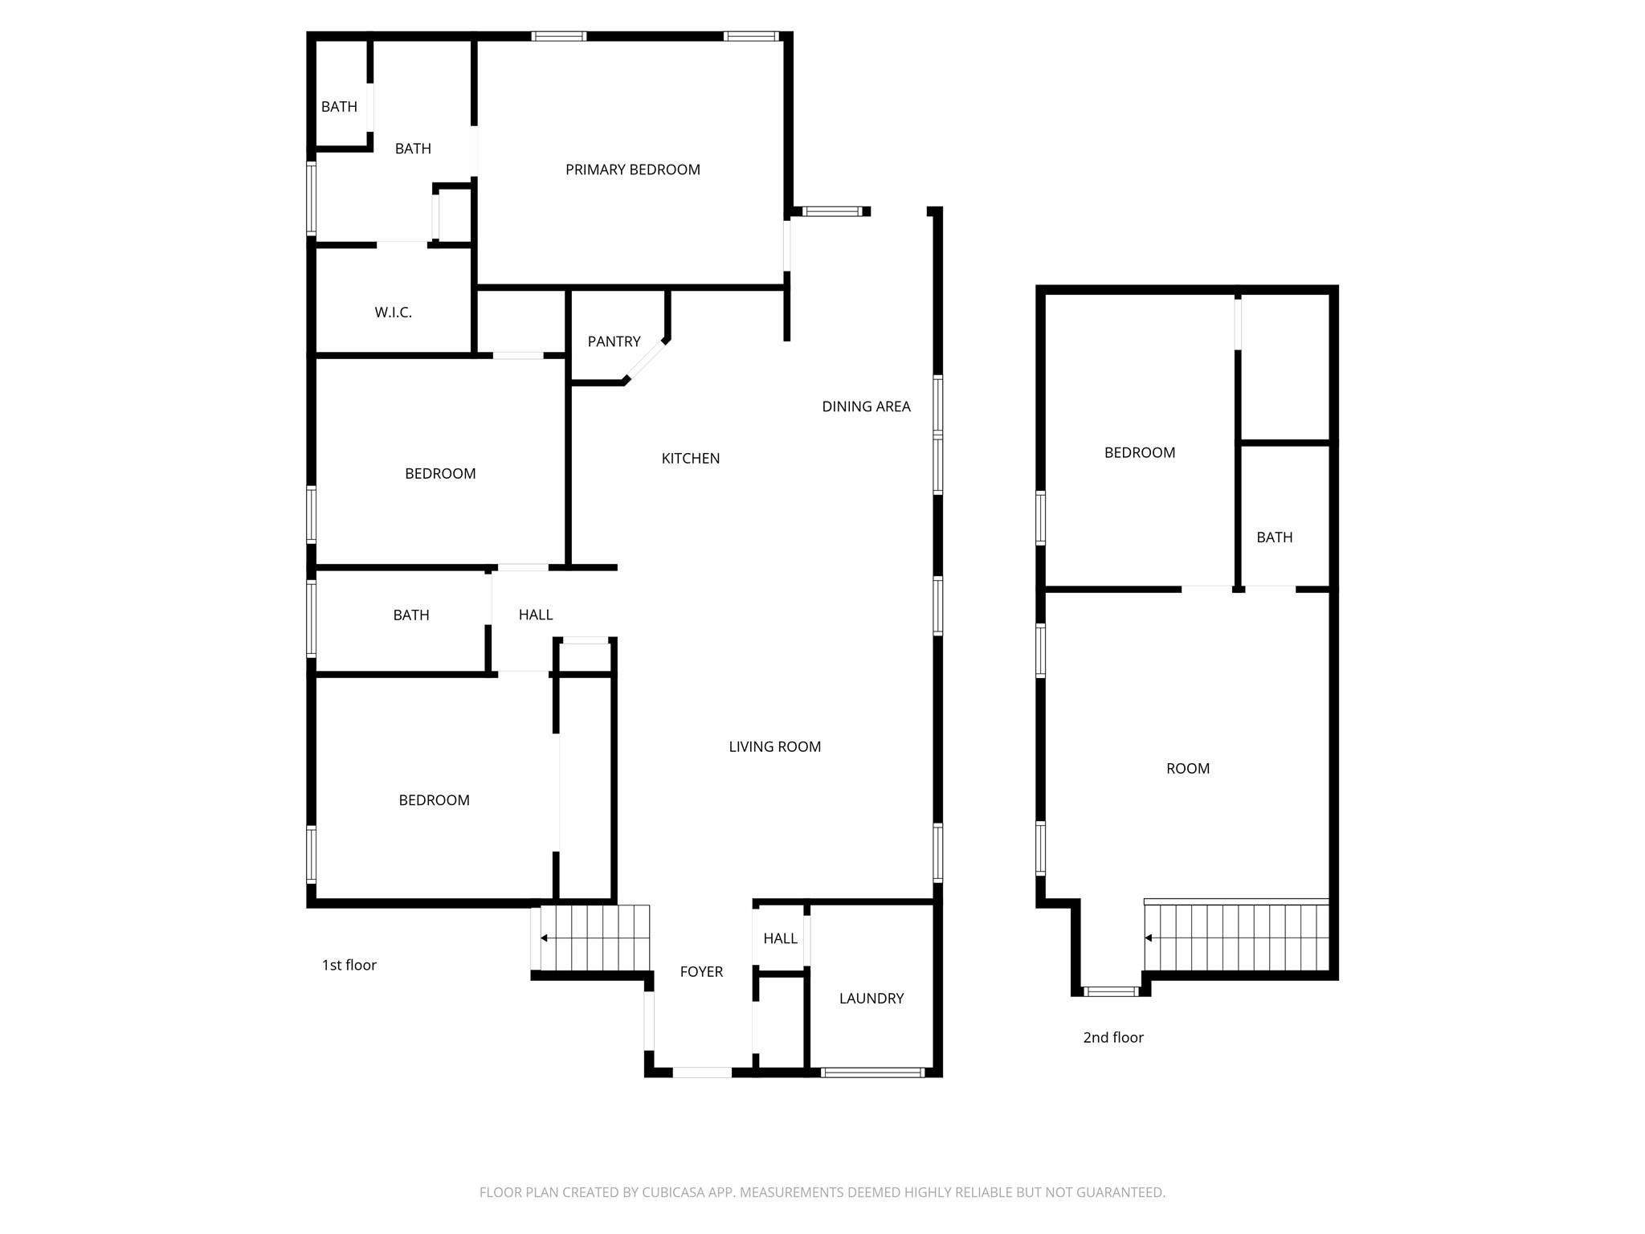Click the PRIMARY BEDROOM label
632,170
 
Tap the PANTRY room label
614,341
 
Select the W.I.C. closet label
393,313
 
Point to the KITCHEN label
690,458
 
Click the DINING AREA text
866,407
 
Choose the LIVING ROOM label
774,746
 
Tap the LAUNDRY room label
871,998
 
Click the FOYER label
701,971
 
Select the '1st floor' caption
349,965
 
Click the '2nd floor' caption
1112,1037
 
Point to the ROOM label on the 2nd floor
1187,768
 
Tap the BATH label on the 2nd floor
1274,537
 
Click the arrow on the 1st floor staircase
545,938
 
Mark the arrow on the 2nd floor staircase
1149,938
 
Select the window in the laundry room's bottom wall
872,1072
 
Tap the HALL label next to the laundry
780,938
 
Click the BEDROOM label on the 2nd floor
1139,452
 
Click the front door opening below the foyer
701,1072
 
